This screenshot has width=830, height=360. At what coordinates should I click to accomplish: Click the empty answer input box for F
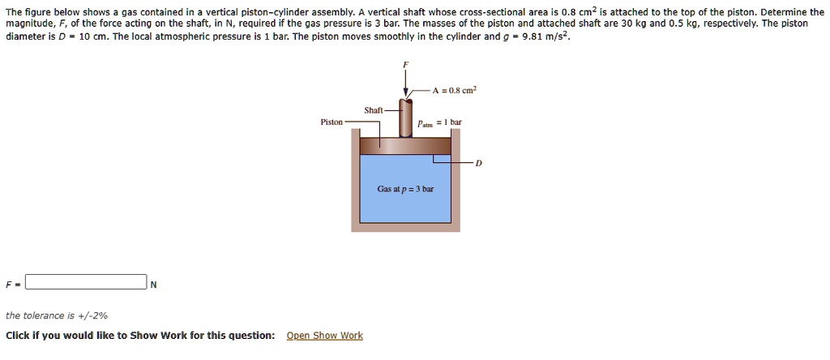(x=86, y=282)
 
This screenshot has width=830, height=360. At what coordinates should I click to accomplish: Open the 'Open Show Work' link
(x=324, y=336)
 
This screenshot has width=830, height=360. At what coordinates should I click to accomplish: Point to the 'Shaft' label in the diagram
(x=374, y=110)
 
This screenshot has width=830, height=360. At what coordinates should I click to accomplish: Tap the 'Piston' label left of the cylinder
(x=332, y=122)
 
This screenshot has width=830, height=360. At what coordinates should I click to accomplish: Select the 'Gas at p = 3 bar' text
(x=405, y=189)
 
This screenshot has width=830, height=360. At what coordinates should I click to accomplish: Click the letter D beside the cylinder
(x=478, y=163)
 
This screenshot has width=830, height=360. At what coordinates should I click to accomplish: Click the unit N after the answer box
(x=153, y=284)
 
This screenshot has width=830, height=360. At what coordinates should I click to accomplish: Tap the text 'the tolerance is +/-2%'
(x=57, y=315)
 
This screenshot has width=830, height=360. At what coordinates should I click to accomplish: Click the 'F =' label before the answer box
(x=11, y=284)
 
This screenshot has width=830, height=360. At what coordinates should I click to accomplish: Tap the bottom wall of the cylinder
(x=405, y=228)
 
